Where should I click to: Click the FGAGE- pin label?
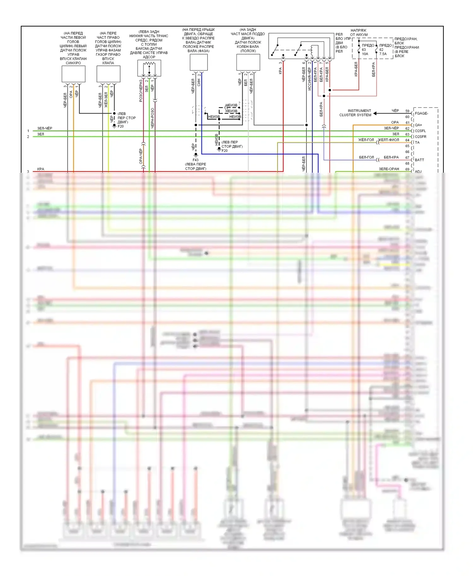(421, 113)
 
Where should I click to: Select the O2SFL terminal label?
(420, 131)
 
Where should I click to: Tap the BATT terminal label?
(419, 160)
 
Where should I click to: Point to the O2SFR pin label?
(420, 137)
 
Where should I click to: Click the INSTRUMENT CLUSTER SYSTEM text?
(355, 113)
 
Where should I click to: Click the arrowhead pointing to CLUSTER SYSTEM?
(375, 113)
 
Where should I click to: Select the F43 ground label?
(196, 160)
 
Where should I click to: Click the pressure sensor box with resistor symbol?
(149, 68)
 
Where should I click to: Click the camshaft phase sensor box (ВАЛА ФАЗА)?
(199, 62)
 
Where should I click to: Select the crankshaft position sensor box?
(248, 62)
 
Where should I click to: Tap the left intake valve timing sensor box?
(73, 74)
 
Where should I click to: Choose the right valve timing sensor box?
(108, 74)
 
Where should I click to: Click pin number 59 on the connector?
(407, 111)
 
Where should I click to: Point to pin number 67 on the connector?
(407, 158)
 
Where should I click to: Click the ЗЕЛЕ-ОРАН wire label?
(389, 169)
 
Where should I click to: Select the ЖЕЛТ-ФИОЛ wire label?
(388, 140)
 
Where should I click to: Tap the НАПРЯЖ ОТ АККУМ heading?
(359, 32)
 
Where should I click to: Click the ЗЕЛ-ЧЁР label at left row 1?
(45, 128)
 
